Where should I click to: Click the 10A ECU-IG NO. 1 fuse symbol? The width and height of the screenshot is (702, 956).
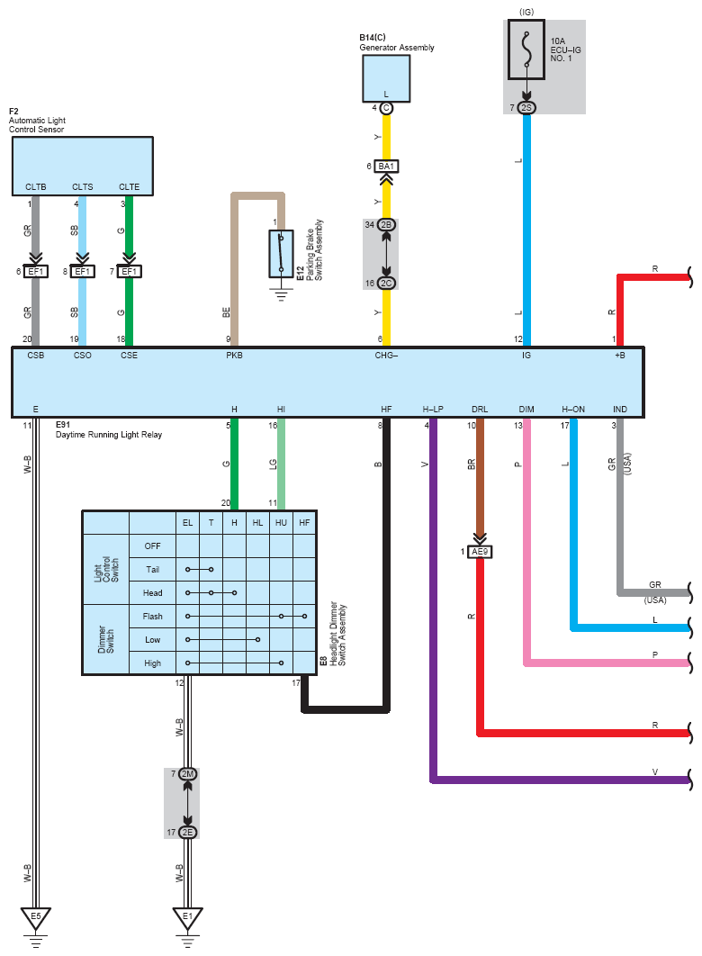(526, 49)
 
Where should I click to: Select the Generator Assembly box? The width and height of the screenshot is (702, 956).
(386, 78)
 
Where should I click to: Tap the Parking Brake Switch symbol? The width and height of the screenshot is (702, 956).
(281, 254)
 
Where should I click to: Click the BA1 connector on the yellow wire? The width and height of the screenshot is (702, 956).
(386, 166)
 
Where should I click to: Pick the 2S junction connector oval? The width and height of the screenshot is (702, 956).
(526, 107)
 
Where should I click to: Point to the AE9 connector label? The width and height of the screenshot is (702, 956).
(480, 552)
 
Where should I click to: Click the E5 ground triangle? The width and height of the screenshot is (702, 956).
(35, 917)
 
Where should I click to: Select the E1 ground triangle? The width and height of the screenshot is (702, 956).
(187, 917)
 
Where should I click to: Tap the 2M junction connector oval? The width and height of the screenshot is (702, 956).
(187, 773)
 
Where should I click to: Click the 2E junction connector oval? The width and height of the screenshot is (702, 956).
(187, 833)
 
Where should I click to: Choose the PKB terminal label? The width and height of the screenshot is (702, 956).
(234, 355)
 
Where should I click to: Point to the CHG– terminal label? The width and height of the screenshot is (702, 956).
(386, 355)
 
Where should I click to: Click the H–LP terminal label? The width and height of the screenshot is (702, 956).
(433, 409)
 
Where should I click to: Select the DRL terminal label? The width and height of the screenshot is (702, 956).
(480, 409)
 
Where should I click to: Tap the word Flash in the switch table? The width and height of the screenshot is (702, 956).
(152, 616)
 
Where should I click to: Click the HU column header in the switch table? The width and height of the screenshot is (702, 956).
(281, 522)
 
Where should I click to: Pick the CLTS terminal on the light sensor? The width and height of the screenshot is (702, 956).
(82, 186)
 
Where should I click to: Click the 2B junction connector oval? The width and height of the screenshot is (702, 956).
(386, 224)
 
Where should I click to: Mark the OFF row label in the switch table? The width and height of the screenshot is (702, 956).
(152, 546)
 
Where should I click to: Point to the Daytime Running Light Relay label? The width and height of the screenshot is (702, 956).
(109, 435)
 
